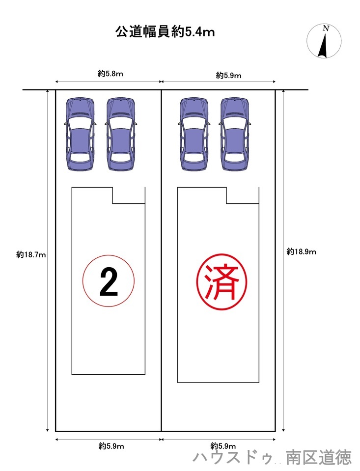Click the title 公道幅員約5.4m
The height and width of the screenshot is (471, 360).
[166, 32]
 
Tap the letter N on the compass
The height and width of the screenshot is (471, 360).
[326, 28]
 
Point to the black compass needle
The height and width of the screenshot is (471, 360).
[323, 46]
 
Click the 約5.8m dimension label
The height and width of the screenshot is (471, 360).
[111, 74]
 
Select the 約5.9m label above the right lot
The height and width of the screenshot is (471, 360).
[229, 76]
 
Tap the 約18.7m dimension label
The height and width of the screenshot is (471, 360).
[31, 255]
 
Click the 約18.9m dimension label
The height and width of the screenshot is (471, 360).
[301, 251]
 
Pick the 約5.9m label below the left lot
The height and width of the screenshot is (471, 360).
[111, 446]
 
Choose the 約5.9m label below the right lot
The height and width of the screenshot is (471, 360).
[223, 445]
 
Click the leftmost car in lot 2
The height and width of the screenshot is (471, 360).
[80, 134]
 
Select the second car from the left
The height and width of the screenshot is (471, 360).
[120, 134]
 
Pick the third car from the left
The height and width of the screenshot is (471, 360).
[194, 134]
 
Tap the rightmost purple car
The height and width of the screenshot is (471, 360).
[235, 134]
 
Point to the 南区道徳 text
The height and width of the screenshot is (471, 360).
[319, 457]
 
